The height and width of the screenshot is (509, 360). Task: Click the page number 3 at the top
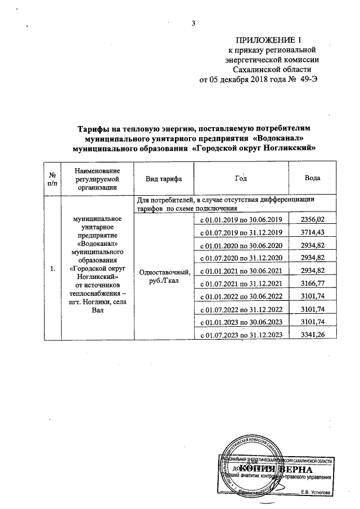pyautogui.click(x=193, y=23)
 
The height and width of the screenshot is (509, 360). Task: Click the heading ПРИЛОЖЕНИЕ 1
pyautogui.click(x=269, y=40)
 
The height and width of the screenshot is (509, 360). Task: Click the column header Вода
pyautogui.click(x=312, y=178)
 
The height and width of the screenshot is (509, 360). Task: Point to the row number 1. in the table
pyautogui.click(x=52, y=269)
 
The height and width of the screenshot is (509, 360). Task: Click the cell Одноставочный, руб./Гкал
pyautogui.click(x=164, y=276)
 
